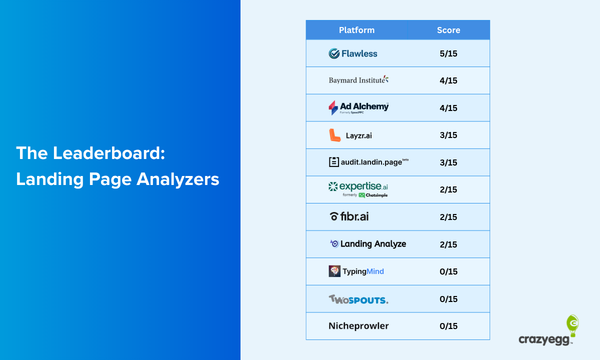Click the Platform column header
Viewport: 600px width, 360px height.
click(x=356, y=30)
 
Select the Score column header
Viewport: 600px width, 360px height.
click(x=448, y=30)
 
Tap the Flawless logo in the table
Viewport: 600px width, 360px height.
click(x=353, y=53)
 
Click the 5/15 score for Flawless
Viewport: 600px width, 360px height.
click(x=448, y=53)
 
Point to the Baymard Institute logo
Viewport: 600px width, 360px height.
click(x=358, y=80)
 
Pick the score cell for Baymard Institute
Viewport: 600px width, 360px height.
click(x=448, y=80)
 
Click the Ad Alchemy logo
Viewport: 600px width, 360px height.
click(x=358, y=107)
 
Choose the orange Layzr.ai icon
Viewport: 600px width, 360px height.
click(x=334, y=135)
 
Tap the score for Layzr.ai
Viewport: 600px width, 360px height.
click(x=448, y=135)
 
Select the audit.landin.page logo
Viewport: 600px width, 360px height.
click(x=368, y=162)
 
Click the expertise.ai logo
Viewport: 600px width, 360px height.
click(x=358, y=189)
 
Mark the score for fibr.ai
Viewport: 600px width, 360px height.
click(x=448, y=217)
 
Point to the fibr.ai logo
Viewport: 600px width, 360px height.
click(x=349, y=216)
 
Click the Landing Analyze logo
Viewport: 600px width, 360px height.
click(x=368, y=244)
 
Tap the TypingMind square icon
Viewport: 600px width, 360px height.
click(x=334, y=271)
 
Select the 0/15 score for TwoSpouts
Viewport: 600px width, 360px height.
click(x=448, y=299)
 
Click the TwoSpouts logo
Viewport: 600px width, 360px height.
click(x=358, y=299)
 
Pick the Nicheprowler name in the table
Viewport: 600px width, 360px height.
click(x=358, y=326)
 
